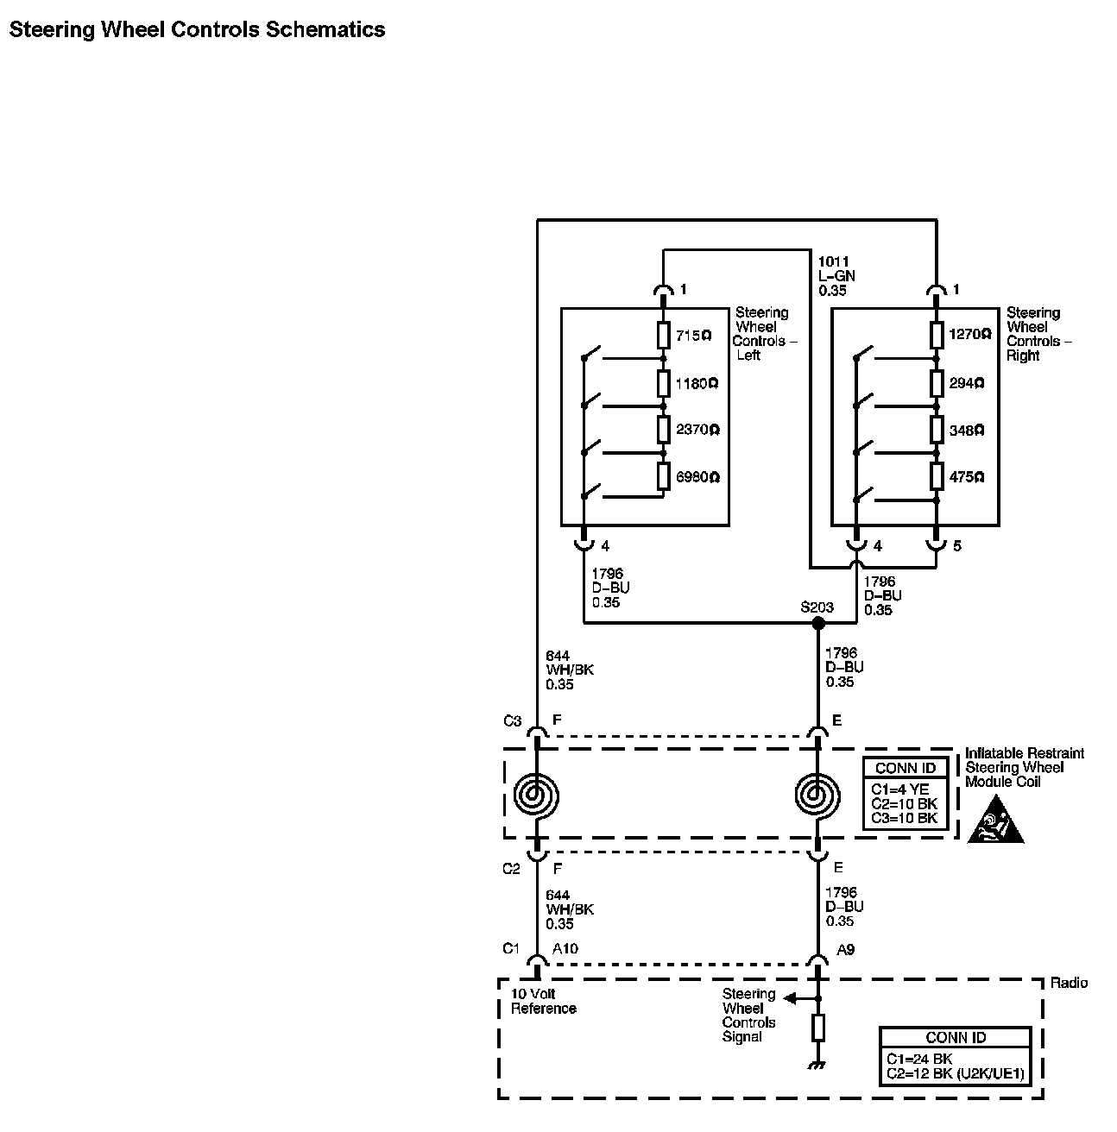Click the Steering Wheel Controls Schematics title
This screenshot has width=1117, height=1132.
(197, 30)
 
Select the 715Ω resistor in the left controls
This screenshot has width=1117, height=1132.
(663, 335)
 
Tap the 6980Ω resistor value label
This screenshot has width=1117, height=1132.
(697, 477)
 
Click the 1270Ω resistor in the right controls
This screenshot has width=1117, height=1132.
(936, 335)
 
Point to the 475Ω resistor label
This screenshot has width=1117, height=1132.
(966, 477)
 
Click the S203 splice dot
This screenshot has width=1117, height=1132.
(817, 623)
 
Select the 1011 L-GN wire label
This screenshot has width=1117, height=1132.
(836, 276)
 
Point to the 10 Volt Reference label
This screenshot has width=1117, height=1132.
(544, 1001)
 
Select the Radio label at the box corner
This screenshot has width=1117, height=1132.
(1069, 983)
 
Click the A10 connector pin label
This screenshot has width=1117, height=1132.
(565, 949)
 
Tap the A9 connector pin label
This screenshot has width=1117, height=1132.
(845, 950)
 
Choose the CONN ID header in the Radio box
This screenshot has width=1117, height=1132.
(955, 1038)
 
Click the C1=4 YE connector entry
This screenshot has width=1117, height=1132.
(899, 789)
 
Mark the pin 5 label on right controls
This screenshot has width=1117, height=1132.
(956, 546)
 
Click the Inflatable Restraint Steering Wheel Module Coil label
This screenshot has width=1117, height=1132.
(1024, 767)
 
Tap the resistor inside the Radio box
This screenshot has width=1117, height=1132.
(817, 1028)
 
